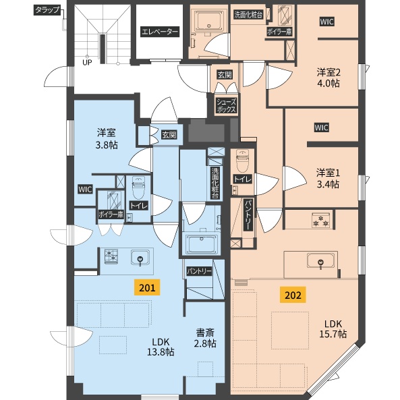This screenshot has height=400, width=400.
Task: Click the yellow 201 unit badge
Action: [x=148, y=287]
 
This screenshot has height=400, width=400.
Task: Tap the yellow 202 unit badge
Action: [x=293, y=295]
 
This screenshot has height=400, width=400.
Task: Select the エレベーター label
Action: [x=160, y=32]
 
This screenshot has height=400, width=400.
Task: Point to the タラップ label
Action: [x=47, y=10]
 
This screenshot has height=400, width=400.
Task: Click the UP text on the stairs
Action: [x=87, y=62]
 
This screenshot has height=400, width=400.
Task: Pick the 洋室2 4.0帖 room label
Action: [x=328, y=78]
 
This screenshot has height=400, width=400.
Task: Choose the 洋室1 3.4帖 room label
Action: [x=328, y=178]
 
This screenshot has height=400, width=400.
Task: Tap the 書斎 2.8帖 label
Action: [x=205, y=338]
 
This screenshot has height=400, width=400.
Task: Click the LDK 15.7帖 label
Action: [x=333, y=328]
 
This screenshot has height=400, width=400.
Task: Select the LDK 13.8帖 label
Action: [x=161, y=347]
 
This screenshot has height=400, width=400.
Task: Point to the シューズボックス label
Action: [x=226, y=106]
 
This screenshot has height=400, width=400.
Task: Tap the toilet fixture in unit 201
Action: [x=139, y=188]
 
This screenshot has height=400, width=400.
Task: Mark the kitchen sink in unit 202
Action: [x=320, y=261]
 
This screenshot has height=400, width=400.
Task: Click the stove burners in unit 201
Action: [x=111, y=256]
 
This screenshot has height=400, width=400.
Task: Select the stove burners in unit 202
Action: [x=321, y=221]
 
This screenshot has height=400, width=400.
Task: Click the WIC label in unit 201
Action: [x=85, y=190]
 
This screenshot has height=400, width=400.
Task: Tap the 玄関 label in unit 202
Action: [x=225, y=75]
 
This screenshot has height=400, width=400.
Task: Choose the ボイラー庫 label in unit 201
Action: [x=111, y=215]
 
